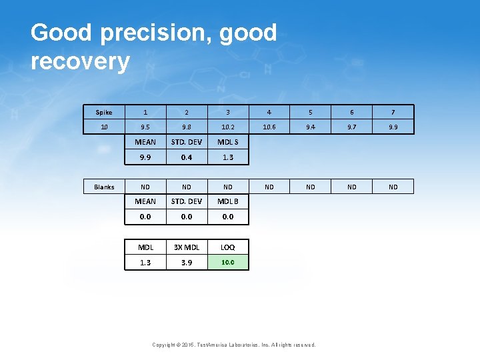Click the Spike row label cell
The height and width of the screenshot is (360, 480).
tap(104, 113)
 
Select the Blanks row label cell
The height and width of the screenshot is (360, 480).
tap(104, 187)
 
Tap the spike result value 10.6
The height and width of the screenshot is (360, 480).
tap(269, 127)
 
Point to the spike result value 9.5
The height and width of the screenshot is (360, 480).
tap(145, 127)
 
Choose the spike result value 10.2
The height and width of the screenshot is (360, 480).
tap(228, 127)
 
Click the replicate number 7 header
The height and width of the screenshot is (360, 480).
tap(393, 113)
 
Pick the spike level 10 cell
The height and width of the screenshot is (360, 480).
tap(104, 127)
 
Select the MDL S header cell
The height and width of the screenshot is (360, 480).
tap(228, 142)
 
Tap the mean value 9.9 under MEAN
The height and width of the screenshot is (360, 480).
tap(145, 157)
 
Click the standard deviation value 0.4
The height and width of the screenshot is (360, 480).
tap(187, 157)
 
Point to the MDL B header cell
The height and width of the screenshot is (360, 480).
tap(228, 201)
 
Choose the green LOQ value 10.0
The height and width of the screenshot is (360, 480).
tap(228, 263)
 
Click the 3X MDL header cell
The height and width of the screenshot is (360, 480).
tap(187, 247)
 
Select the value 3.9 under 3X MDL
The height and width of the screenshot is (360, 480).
tap(187, 263)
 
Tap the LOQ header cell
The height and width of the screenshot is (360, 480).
tap(228, 247)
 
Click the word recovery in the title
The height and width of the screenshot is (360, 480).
tap(80, 61)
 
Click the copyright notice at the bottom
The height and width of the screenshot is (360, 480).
tap(234, 345)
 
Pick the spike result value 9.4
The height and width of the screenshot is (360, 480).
tap(311, 127)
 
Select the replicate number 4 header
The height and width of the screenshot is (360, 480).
tap(269, 113)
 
